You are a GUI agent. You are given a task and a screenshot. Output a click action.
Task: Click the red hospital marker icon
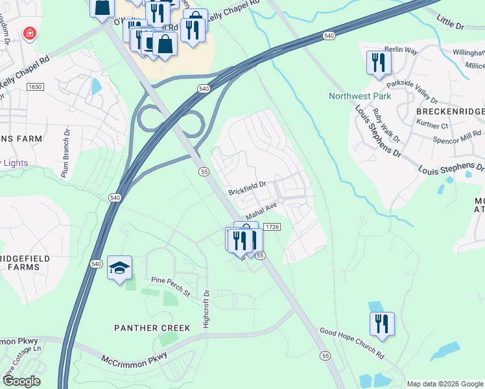29,33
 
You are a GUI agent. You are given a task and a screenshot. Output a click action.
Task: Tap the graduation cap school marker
120,268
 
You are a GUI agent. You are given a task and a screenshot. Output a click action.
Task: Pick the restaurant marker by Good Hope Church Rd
383,324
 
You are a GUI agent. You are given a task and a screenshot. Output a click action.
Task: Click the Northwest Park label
360,96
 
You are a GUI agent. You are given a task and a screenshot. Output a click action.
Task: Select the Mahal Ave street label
261,211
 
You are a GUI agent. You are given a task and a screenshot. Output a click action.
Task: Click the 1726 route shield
272,226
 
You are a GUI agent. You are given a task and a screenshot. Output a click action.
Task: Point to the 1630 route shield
35,86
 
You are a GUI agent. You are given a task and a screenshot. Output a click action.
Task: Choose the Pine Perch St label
170,285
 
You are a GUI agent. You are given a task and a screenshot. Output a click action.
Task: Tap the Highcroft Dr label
206,309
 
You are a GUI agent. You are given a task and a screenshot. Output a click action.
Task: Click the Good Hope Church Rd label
352,343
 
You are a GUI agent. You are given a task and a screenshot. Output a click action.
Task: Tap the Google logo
21,381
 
